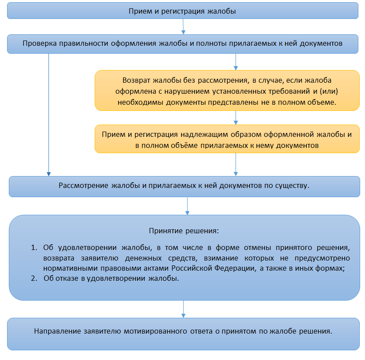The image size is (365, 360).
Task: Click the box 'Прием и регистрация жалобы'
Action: click(x=182, y=11)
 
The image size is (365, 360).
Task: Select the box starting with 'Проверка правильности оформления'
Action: click(x=182, y=44)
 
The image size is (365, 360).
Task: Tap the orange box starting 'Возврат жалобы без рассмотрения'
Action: click(x=227, y=91)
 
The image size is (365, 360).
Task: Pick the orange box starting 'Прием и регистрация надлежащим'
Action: click(x=227, y=139)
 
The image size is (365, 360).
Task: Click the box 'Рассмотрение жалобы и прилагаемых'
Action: click(x=184, y=187)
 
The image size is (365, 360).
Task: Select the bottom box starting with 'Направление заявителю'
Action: click(x=184, y=334)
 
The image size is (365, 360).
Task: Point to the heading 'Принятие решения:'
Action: click(x=184, y=231)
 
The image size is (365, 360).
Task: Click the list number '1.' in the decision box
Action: click(x=34, y=247)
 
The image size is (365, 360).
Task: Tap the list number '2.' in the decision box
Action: click(x=34, y=278)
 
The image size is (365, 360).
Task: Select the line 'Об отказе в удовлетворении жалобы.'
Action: click(x=111, y=278)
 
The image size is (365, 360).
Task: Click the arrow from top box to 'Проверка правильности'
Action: click(x=183, y=26)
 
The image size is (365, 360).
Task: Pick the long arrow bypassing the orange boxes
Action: click(x=48, y=115)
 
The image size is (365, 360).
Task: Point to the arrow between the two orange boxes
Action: click(x=236, y=118)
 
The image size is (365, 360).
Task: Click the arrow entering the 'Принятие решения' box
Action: click(x=187, y=206)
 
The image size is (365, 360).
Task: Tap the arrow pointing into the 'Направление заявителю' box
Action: click(x=183, y=309)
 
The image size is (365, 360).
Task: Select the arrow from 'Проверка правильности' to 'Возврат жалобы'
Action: click(x=236, y=62)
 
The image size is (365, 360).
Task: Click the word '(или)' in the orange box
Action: click(x=329, y=91)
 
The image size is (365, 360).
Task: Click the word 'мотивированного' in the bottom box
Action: click(x=155, y=331)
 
